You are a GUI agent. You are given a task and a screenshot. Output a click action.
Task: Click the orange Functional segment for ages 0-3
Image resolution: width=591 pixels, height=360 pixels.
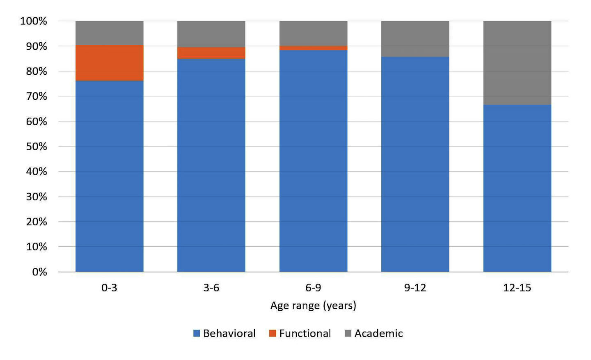click(109, 63)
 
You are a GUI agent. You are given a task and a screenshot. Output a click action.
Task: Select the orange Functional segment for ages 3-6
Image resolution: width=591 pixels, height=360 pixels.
click(211, 53)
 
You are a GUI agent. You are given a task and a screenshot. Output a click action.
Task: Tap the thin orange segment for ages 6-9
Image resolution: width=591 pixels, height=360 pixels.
click(313, 48)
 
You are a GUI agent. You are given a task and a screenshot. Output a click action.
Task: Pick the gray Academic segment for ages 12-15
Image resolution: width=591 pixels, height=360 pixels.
click(517, 63)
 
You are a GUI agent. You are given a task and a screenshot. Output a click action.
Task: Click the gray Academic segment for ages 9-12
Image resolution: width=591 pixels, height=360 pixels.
click(415, 39)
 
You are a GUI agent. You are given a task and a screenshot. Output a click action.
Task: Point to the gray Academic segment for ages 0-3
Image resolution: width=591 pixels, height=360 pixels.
click(109, 33)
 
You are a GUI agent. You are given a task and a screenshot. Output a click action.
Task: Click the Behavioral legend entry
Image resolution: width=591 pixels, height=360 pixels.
click(224, 333)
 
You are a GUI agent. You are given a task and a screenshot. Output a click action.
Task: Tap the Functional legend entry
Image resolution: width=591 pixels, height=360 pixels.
click(300, 333)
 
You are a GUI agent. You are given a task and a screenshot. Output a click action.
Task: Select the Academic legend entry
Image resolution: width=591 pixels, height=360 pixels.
click(373, 333)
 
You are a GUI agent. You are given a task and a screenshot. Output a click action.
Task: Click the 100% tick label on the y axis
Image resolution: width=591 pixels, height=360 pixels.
click(34, 21)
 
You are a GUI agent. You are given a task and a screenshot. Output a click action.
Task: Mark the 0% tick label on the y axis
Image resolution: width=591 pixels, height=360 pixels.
click(39, 272)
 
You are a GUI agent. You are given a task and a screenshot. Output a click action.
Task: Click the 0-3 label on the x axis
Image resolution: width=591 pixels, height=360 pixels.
click(109, 288)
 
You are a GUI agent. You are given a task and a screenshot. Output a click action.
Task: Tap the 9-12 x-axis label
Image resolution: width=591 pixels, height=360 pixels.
click(415, 288)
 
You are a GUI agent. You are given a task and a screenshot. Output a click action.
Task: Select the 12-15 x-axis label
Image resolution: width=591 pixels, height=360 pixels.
click(517, 288)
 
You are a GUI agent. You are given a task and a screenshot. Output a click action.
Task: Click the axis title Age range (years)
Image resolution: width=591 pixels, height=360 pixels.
click(313, 306)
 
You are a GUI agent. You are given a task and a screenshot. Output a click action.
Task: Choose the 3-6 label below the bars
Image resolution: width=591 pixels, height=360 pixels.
click(211, 288)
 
